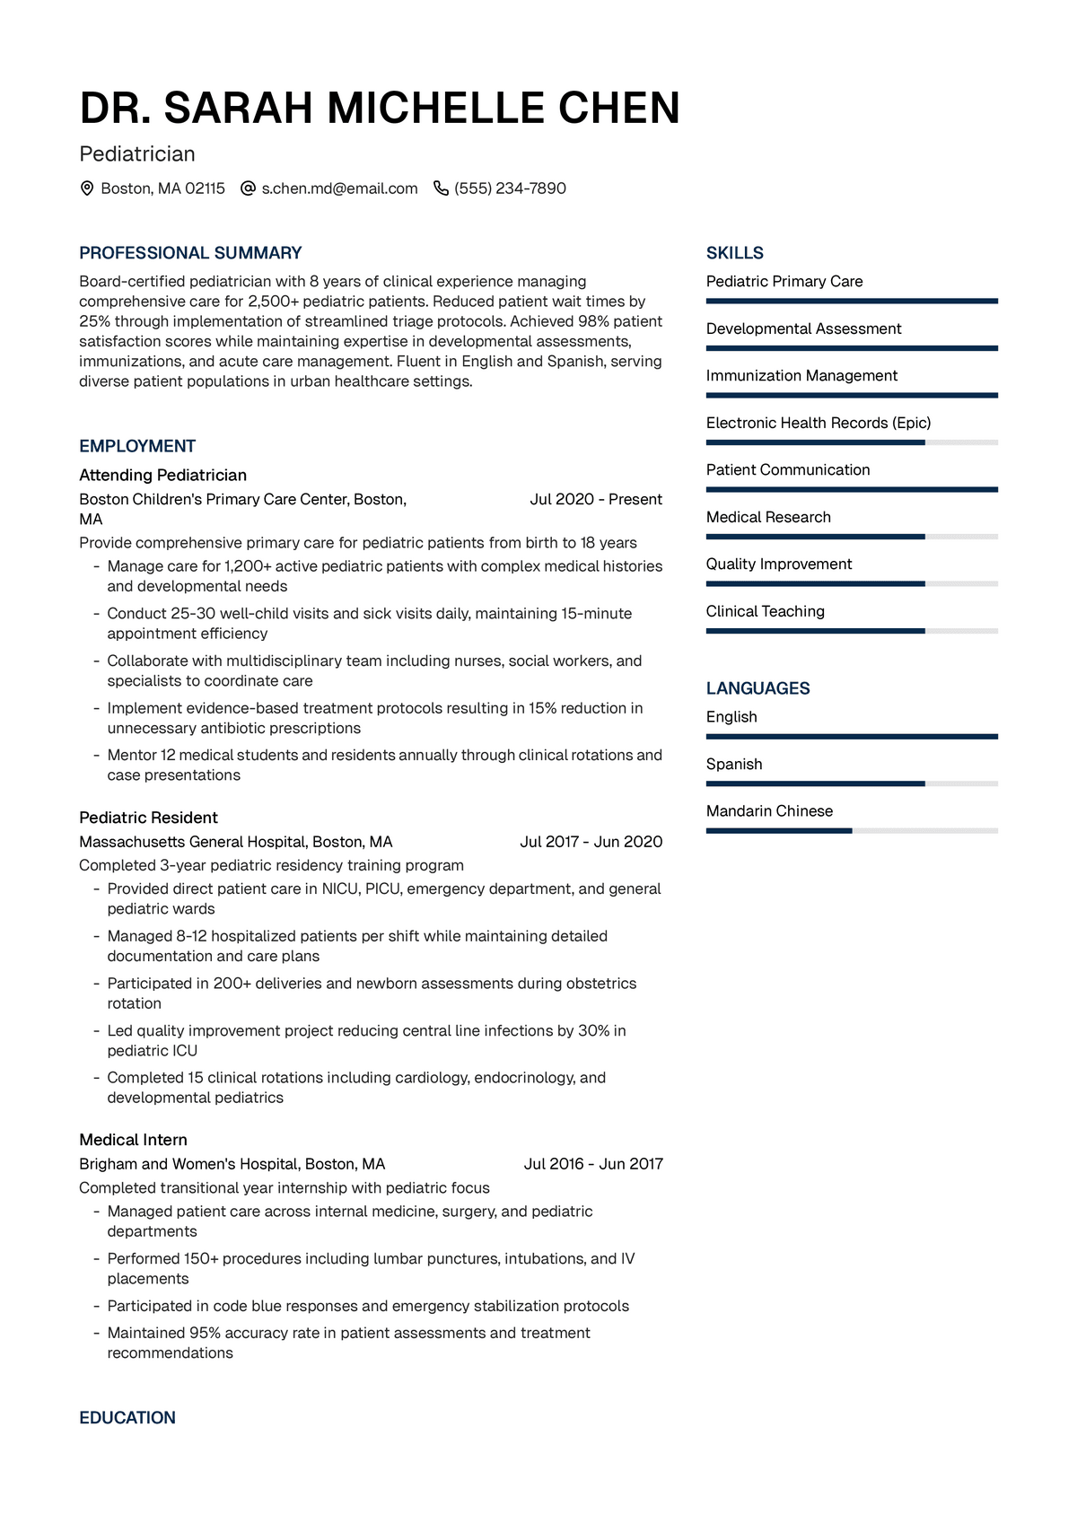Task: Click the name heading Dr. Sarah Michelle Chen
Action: pyautogui.click(x=380, y=108)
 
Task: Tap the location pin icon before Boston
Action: pyautogui.click(x=87, y=188)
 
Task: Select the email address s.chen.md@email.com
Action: pyautogui.click(x=339, y=188)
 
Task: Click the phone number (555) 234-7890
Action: pyautogui.click(x=510, y=188)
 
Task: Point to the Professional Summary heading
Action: pyautogui.click(x=190, y=253)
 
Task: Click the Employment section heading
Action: pyautogui.click(x=137, y=446)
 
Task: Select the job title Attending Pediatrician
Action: pyautogui.click(x=162, y=475)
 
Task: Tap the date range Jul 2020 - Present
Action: pyautogui.click(x=596, y=499)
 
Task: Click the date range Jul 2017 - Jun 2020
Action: pyautogui.click(x=591, y=842)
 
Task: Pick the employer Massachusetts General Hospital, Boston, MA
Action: pyautogui.click(x=236, y=842)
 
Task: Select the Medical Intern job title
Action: pyautogui.click(x=133, y=1140)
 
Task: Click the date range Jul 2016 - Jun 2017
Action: pyautogui.click(x=593, y=1164)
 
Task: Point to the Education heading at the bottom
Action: pyautogui.click(x=127, y=1418)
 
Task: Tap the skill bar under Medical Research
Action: pyautogui.click(x=851, y=537)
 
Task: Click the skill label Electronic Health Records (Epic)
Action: pyautogui.click(x=818, y=423)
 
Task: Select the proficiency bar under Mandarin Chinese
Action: pyautogui.click(x=851, y=831)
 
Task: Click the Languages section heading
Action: pyautogui.click(x=757, y=688)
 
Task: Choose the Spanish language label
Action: pyautogui.click(x=733, y=764)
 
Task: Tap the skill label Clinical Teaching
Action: pyautogui.click(x=765, y=611)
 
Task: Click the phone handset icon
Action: pyautogui.click(x=441, y=188)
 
